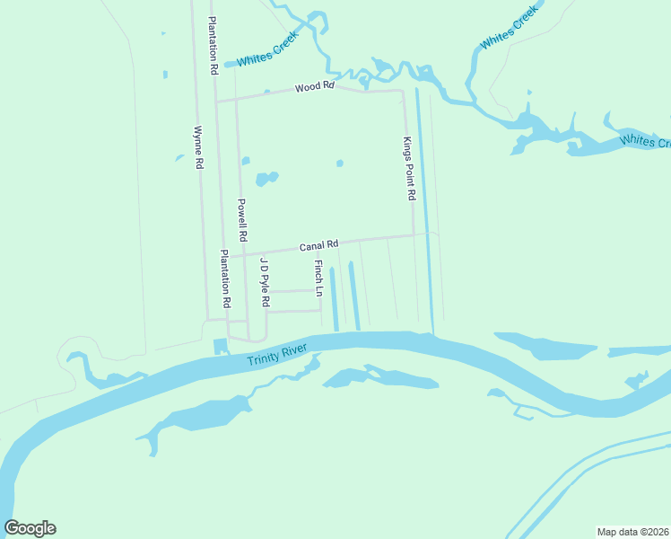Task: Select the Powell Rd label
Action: click(x=242, y=219)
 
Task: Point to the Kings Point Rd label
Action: click(x=409, y=168)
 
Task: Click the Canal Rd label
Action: click(x=318, y=244)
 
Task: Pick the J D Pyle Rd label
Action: click(x=265, y=283)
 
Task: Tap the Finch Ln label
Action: click(x=318, y=278)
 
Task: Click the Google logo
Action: click(x=30, y=528)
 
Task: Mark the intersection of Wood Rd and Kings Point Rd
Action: click(x=403, y=90)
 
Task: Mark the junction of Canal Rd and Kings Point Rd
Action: click(x=414, y=235)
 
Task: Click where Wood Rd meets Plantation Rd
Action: click(x=215, y=102)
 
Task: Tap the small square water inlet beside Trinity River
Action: click(x=222, y=347)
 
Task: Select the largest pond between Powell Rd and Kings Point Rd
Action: click(x=266, y=178)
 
